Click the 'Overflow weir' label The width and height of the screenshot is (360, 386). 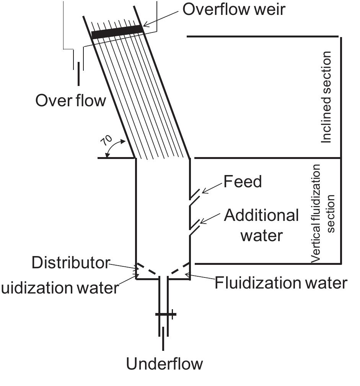tap(234, 9)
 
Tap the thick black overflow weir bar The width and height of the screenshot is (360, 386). tap(117, 32)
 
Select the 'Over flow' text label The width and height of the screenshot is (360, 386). tap(70, 101)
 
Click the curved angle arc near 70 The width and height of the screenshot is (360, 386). tap(115, 148)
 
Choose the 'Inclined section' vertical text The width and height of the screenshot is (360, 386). tap(326, 97)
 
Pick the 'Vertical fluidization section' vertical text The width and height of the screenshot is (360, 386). tap(323, 213)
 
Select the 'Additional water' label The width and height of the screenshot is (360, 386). tap(261, 225)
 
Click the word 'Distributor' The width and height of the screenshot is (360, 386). tap(71, 263)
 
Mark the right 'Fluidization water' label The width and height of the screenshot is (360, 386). tap(281, 283)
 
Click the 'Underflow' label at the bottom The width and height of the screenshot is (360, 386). tap(165, 364)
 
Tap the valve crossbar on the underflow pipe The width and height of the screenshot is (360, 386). tap(166, 315)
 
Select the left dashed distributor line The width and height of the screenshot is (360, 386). tap(148, 269)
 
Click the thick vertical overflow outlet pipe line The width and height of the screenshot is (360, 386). tap(79, 74)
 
